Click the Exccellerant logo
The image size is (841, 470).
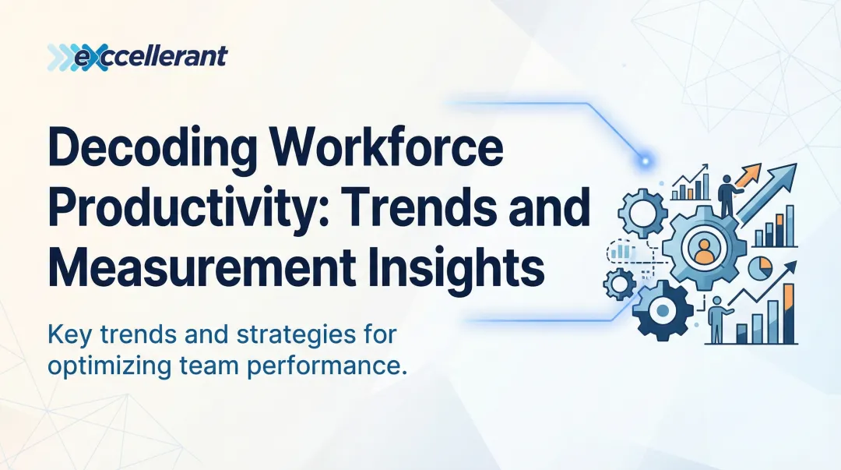point(137,56)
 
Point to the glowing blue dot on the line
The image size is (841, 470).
point(644,161)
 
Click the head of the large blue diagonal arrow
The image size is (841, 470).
point(786,174)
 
